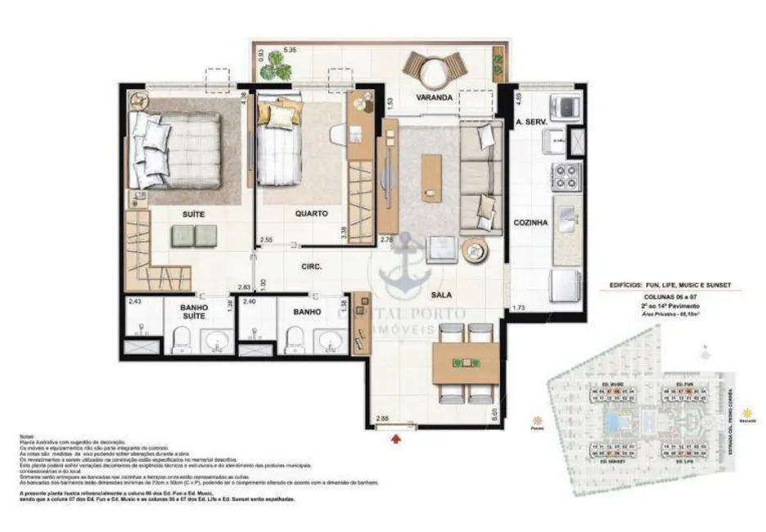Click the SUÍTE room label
click(193, 214)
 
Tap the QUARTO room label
click(311, 214)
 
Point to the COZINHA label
click(529, 222)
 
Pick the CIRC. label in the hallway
click(311, 267)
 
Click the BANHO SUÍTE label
click(194, 313)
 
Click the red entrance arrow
click(398, 440)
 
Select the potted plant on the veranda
click(276, 69)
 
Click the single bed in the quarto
click(281, 147)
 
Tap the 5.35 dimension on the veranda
click(289, 51)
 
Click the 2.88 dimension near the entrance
click(382, 419)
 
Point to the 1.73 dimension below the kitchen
click(518, 308)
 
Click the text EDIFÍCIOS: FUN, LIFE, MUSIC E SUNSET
click(670, 285)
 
